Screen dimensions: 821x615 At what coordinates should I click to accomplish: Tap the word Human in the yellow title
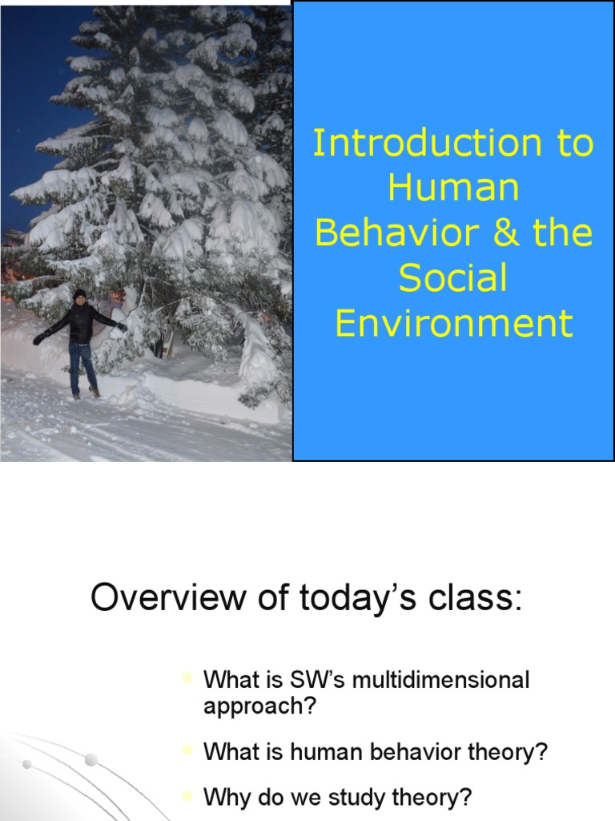tap(453, 188)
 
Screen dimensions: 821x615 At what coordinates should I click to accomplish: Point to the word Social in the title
tap(453, 278)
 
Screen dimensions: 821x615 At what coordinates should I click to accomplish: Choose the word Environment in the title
tap(453, 323)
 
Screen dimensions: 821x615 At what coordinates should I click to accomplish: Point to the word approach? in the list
tap(260, 707)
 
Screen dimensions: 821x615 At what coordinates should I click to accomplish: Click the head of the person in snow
tap(79, 296)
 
